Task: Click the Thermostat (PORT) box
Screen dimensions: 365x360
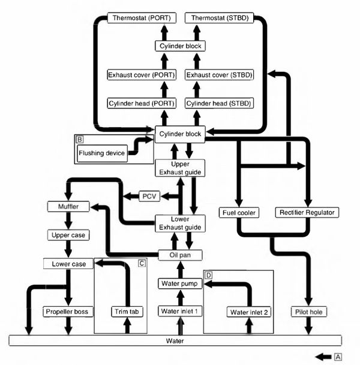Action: [x=140, y=18]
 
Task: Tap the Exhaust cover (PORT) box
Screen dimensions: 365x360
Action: [x=140, y=75]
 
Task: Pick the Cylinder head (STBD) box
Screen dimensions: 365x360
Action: [x=219, y=103]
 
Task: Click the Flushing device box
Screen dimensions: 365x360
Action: [x=101, y=153]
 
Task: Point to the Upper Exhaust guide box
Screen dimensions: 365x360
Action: [x=180, y=168]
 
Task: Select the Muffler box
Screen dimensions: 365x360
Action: [x=68, y=207]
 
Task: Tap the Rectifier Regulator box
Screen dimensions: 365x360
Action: [x=308, y=212]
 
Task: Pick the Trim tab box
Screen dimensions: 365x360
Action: [x=126, y=312]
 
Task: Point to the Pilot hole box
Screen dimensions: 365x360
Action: [x=308, y=312]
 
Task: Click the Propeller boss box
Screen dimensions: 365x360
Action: [x=68, y=312]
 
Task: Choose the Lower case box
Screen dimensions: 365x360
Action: [x=68, y=264]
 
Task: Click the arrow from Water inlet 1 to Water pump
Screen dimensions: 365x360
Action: [x=180, y=297]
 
